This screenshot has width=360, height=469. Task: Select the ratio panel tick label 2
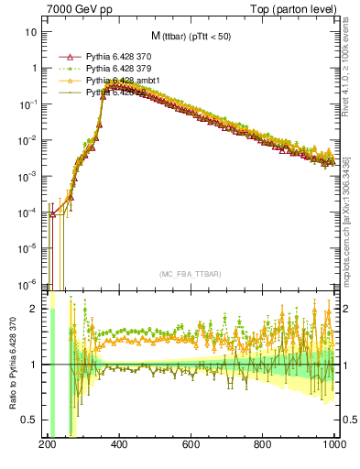tap(35, 310)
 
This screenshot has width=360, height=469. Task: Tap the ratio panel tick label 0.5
tap(31, 420)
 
